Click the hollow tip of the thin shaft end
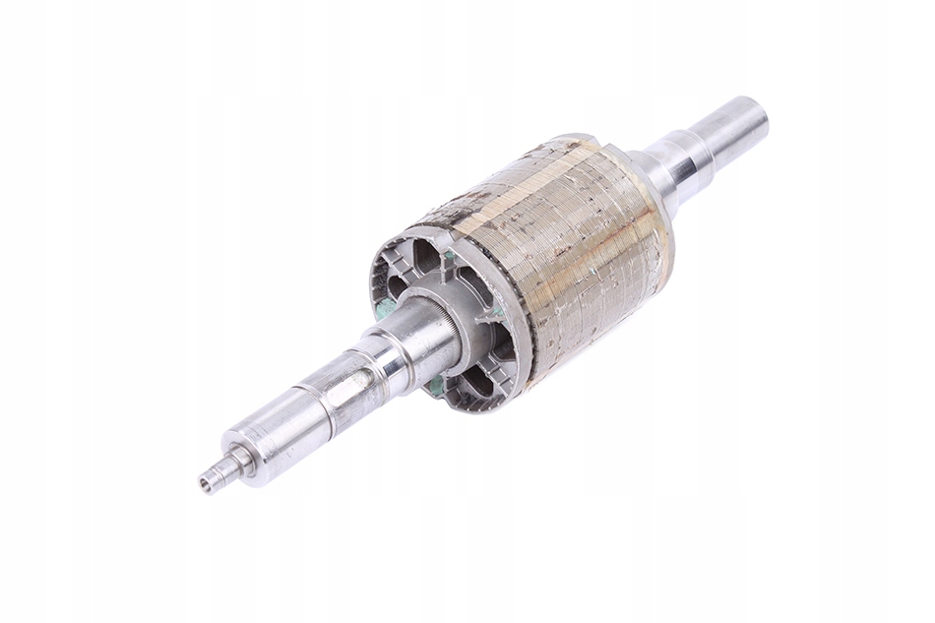[x=208, y=481]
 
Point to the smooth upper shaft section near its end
[x=723, y=133]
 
